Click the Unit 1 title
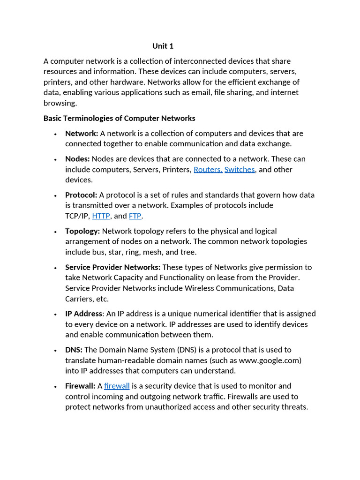(x=163, y=46)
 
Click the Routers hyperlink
(x=208, y=169)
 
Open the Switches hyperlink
(x=240, y=169)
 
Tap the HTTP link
(x=101, y=216)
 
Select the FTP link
(x=135, y=216)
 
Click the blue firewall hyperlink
(x=117, y=386)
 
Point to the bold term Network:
(x=82, y=133)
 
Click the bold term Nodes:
(x=77, y=159)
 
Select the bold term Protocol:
(x=81, y=195)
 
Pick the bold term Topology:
(x=82, y=231)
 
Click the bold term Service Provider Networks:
(x=112, y=267)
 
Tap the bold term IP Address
(x=83, y=313)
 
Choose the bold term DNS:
(x=74, y=350)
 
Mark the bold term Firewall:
(x=80, y=386)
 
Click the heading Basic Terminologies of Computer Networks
(x=120, y=118)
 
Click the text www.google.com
(x=269, y=360)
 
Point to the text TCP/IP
(x=76, y=216)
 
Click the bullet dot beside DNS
(x=55, y=351)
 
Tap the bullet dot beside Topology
(x=55, y=232)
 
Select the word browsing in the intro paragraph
(x=60, y=103)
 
